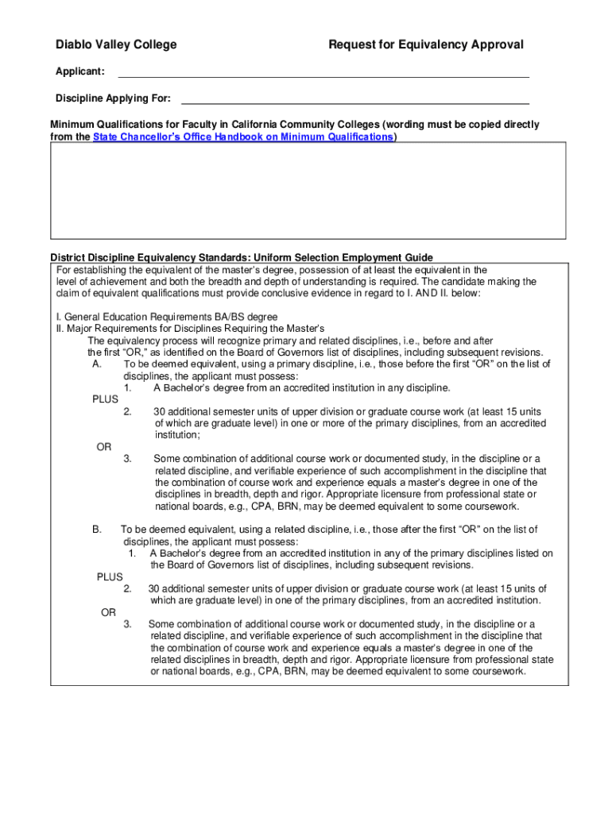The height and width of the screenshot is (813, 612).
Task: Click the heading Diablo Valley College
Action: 116,44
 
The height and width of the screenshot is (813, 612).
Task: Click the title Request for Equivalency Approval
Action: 426,44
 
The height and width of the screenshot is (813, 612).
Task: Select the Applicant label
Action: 79,72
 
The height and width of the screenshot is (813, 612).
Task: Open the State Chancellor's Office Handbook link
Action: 243,137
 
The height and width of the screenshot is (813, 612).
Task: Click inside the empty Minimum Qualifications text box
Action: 308,191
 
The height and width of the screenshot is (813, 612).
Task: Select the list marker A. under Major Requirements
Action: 97,364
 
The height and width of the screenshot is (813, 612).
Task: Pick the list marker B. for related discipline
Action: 97,529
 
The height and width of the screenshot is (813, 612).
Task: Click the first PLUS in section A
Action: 105,399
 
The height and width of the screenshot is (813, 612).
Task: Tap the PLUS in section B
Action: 110,577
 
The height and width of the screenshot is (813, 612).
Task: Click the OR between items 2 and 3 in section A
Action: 104,447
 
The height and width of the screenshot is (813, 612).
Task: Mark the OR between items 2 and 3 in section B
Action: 109,612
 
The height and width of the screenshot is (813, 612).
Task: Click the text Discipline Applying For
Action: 113,98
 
